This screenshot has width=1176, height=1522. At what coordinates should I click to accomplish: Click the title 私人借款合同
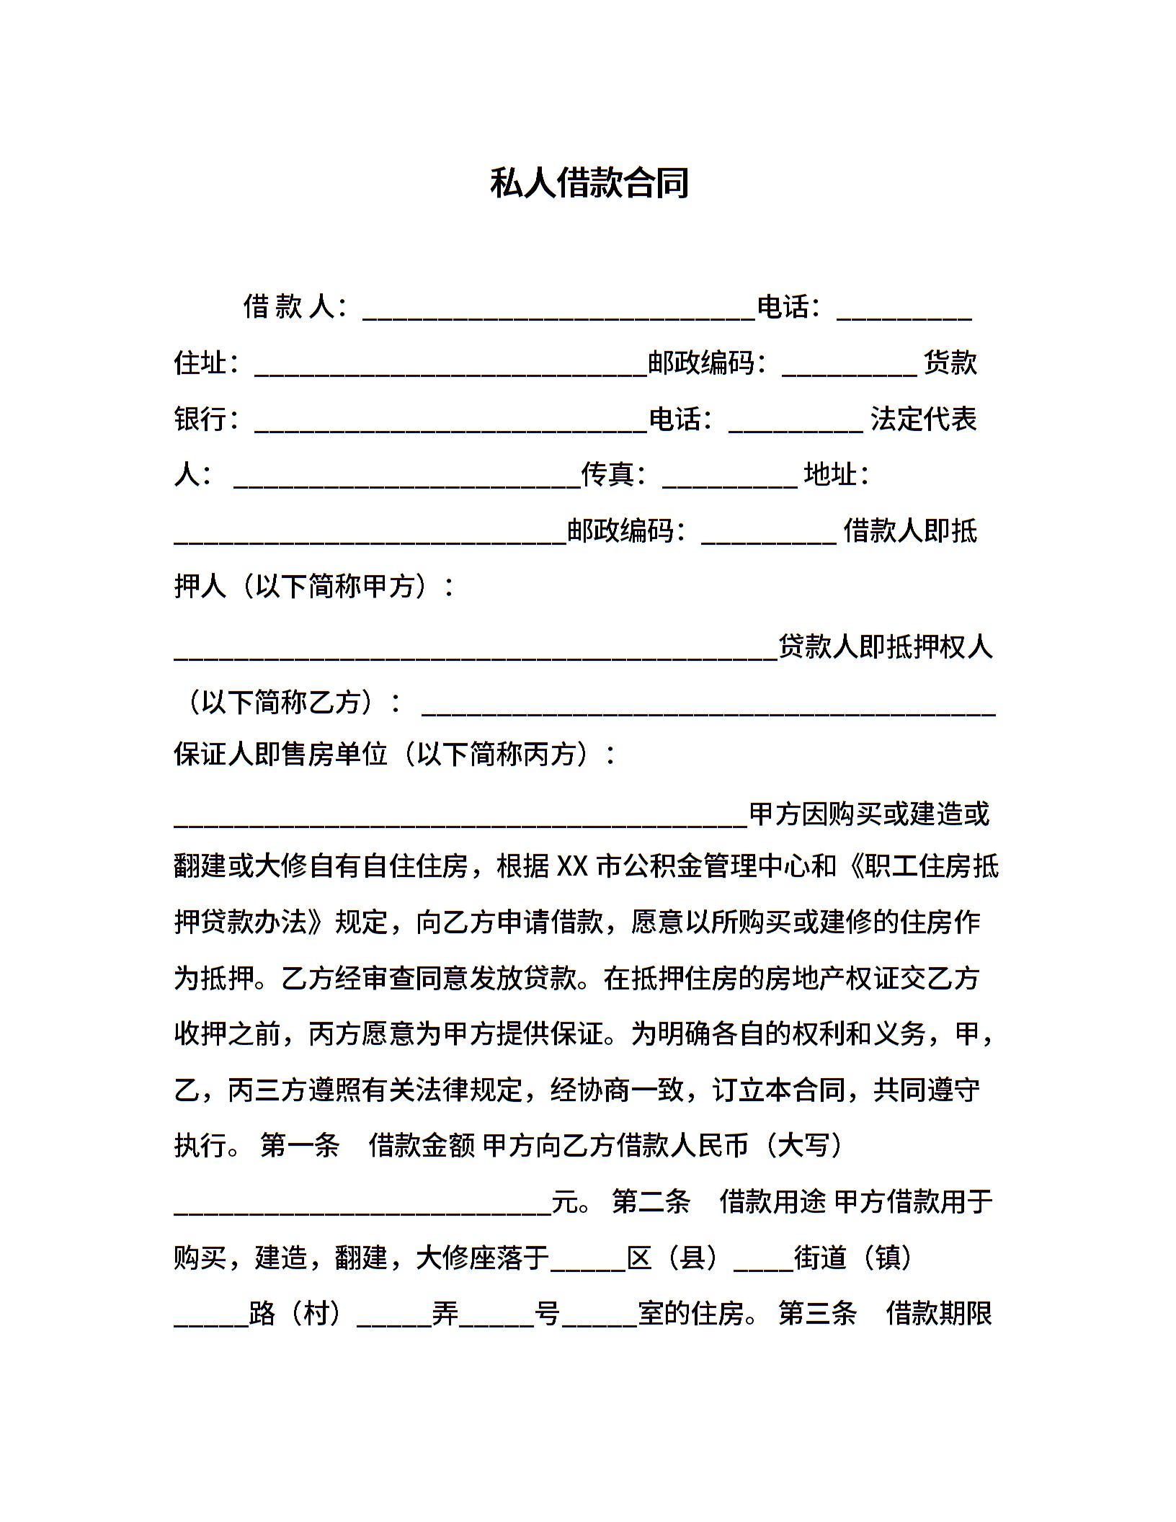click(589, 182)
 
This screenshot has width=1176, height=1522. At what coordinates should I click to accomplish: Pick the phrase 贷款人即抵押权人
click(886, 646)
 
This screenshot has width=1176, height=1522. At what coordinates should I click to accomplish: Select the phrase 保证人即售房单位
click(281, 755)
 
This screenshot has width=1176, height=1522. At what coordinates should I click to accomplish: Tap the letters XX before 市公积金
click(573, 866)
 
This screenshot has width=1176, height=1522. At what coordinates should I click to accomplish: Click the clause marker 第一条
click(300, 1145)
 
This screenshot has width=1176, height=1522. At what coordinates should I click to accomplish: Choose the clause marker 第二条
click(651, 1201)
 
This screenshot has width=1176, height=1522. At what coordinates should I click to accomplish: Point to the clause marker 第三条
click(817, 1314)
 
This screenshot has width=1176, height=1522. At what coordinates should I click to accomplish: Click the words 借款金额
click(422, 1145)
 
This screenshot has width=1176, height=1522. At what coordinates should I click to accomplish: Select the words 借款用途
click(772, 1201)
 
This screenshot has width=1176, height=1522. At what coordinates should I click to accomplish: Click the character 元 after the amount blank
click(565, 1201)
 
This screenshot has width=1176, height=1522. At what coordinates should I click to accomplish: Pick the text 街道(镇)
click(854, 1258)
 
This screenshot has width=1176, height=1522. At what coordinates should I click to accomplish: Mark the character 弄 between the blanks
click(445, 1314)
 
